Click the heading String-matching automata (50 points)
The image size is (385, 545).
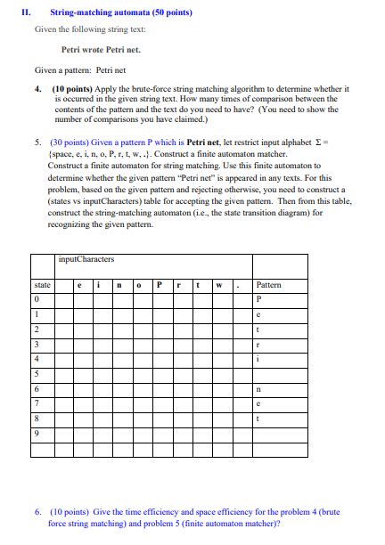pos(121,13)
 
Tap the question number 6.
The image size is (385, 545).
pos(39,512)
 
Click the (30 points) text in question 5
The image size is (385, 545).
pos(70,141)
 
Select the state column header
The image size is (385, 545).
pos(42,285)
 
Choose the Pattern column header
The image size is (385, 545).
pos(268,285)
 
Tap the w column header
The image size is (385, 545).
pos(217,285)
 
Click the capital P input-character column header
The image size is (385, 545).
pos(158,285)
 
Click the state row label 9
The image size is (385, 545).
pos(36,434)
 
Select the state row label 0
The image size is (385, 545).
pos(36,299)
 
